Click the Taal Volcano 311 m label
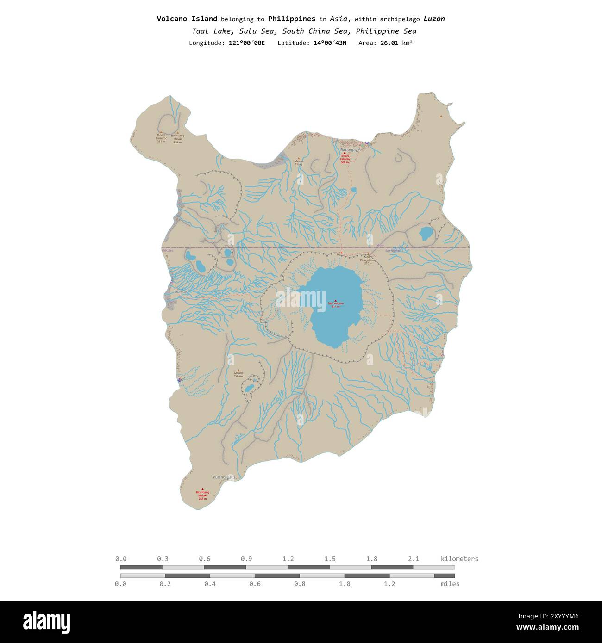(x=336, y=304)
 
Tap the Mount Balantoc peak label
(x=161, y=138)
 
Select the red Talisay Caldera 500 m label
(x=344, y=159)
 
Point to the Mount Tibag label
(x=298, y=163)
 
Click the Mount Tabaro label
(x=238, y=375)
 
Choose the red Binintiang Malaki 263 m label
(x=202, y=495)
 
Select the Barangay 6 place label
(x=350, y=150)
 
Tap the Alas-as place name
(x=181, y=292)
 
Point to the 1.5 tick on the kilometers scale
(x=330, y=559)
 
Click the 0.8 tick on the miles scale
(x=300, y=584)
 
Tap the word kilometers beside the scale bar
(x=459, y=559)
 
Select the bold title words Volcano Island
(x=187, y=19)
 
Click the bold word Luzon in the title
(x=434, y=19)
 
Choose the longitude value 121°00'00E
(x=247, y=43)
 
